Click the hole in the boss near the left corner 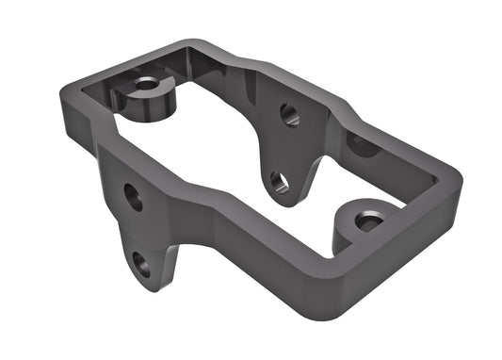[x=145, y=84]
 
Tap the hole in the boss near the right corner [x=368, y=221]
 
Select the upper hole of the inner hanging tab [x=290, y=115]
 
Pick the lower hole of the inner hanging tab [x=279, y=179]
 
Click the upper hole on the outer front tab [x=134, y=196]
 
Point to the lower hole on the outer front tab [x=141, y=263]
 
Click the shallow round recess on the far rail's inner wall [x=362, y=144]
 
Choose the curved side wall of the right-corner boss [x=350, y=240]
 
